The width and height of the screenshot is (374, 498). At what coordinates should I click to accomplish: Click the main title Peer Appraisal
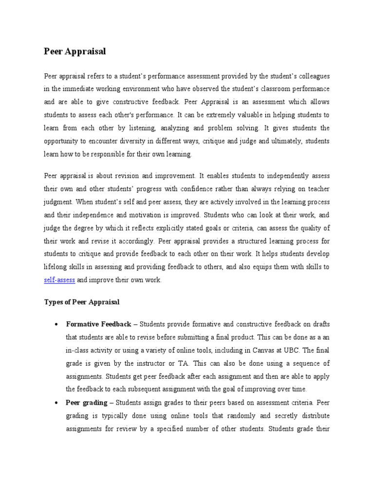(75, 51)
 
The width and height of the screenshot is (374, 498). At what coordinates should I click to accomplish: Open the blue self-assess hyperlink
(60, 280)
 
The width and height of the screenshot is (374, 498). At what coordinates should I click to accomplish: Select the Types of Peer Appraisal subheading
(81, 302)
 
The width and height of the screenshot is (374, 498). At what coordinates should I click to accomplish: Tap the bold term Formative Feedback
(98, 324)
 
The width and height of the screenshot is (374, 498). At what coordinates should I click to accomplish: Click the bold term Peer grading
(87, 402)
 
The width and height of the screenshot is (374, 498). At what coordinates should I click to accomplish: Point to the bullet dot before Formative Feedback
(57, 324)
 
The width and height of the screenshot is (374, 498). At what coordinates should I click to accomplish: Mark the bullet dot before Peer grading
(57, 403)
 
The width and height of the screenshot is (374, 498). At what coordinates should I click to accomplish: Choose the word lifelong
(56, 267)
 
